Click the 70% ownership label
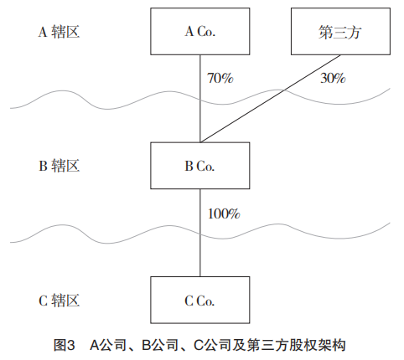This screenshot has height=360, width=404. (x=220, y=78)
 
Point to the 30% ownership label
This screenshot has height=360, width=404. (x=333, y=78)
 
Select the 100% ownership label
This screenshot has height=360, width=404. (x=224, y=213)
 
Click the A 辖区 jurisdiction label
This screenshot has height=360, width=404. (x=59, y=32)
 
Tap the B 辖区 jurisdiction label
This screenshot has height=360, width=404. (x=59, y=166)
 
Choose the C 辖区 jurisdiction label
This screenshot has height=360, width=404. (x=59, y=301)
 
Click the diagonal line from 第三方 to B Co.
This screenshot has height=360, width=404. (x=271, y=99)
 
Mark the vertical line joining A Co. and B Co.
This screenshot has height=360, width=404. (x=200, y=99)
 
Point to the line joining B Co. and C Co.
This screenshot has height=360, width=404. (x=200, y=233)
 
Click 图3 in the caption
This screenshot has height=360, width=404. (x=65, y=345)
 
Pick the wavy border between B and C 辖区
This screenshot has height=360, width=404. (x=200, y=234)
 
